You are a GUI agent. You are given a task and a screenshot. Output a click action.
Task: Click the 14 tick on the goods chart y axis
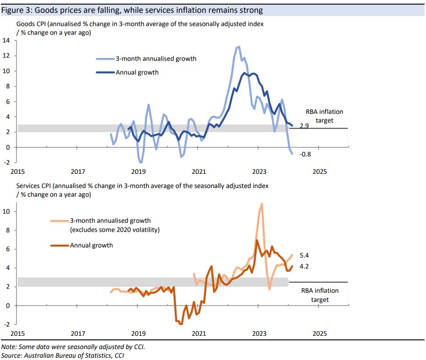coord(6,41)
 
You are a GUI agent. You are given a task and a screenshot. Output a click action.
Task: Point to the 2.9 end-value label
coord(304,125)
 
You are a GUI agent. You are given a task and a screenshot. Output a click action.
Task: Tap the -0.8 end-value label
coord(305,154)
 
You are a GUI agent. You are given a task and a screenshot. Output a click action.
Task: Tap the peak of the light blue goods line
coord(238,47)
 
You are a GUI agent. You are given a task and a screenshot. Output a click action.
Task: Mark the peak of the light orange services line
coord(261,204)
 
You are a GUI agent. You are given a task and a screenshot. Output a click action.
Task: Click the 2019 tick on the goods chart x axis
coord(138,172)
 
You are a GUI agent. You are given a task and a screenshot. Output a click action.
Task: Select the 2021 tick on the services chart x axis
coord(199,333)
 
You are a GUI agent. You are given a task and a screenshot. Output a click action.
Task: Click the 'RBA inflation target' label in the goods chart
coord(324,116)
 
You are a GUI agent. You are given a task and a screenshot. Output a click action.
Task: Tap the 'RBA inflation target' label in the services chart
coord(319,295)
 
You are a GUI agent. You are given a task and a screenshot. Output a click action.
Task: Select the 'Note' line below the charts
coord(73,347)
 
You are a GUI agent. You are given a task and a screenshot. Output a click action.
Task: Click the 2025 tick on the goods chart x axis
coord(319,172)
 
